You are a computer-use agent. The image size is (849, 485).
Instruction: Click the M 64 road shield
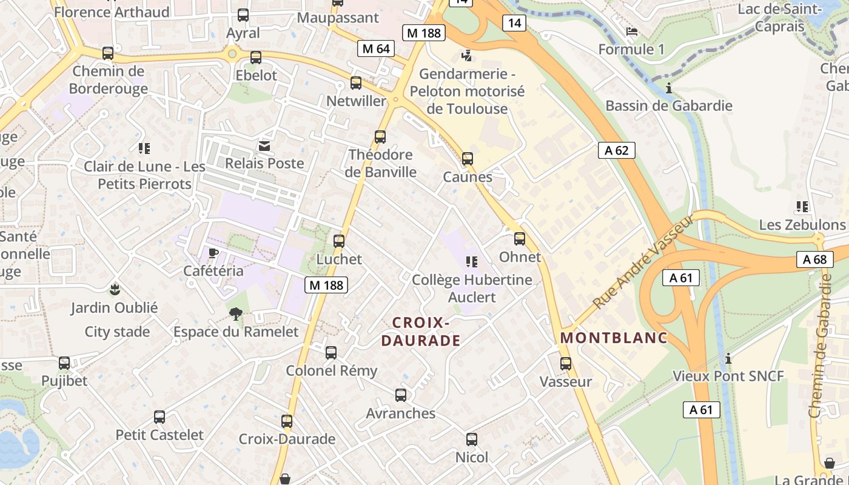click(x=376, y=48)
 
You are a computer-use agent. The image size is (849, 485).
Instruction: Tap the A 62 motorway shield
click(x=617, y=150)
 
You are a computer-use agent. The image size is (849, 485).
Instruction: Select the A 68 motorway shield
click(x=814, y=259)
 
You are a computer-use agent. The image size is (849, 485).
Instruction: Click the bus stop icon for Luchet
click(x=339, y=241)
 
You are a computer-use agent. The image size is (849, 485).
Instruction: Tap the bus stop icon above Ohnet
click(x=520, y=238)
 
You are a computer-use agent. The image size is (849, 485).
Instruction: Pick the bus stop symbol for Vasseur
click(x=566, y=364)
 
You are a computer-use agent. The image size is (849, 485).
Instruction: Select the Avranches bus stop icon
click(x=401, y=395)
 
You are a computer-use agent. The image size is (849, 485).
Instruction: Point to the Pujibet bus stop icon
click(x=64, y=363)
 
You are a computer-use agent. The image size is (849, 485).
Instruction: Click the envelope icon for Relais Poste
click(x=265, y=145)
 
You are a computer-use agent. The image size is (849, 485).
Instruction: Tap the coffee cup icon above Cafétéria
click(x=213, y=253)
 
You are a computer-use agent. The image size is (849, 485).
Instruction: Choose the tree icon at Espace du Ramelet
click(x=236, y=313)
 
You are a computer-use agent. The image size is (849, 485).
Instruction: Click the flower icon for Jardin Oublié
click(x=115, y=289)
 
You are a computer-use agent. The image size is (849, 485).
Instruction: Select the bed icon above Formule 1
click(x=632, y=32)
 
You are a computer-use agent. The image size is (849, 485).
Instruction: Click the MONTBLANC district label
click(x=614, y=338)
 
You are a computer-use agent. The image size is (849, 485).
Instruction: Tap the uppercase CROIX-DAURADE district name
click(x=420, y=332)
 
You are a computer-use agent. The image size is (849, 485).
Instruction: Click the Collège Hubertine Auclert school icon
click(x=471, y=262)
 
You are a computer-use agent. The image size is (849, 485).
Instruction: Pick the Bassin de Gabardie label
click(x=669, y=105)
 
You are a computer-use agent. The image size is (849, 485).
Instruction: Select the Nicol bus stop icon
click(x=472, y=440)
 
